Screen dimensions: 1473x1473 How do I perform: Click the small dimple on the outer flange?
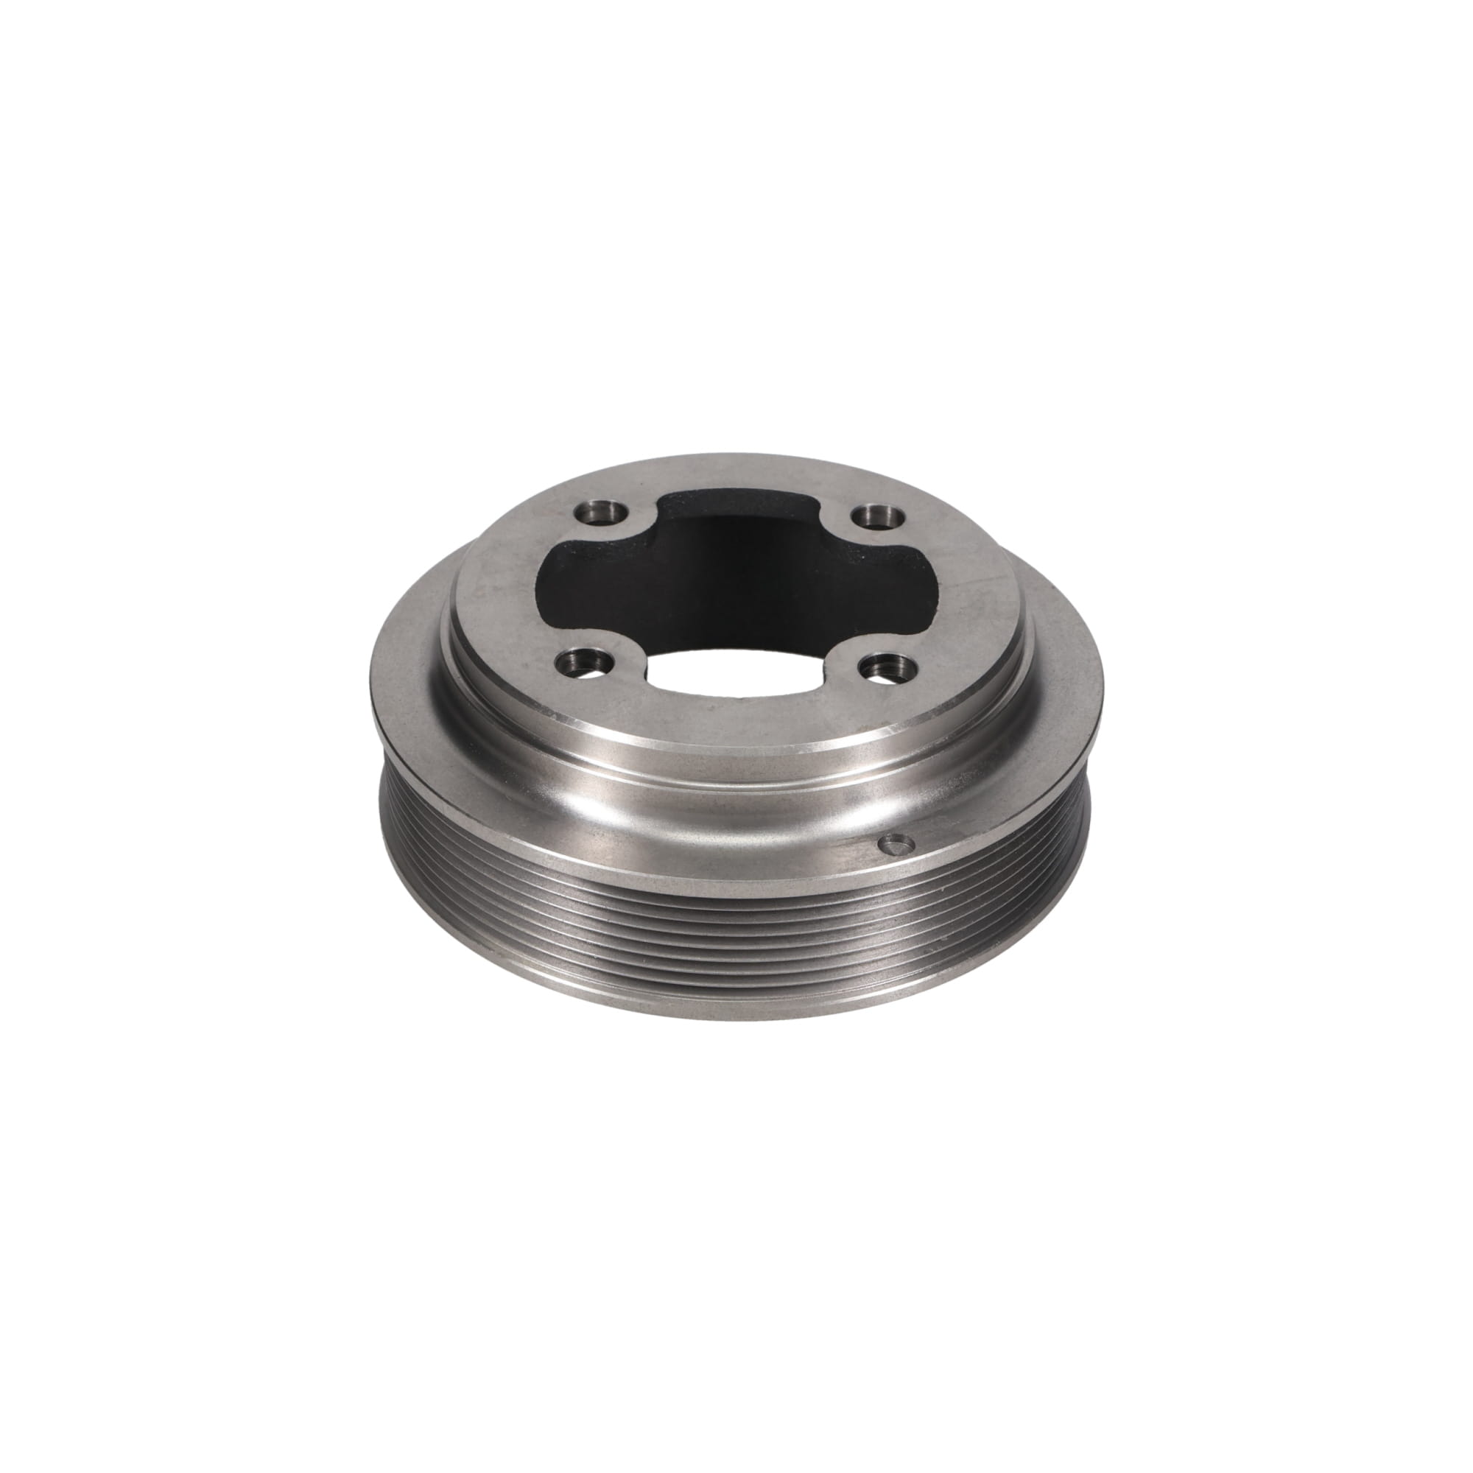(893, 844)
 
